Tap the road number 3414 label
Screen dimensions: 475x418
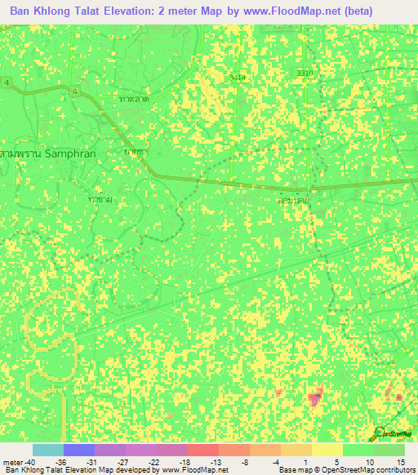pos(237,77)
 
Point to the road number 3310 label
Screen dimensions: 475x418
pos(305,73)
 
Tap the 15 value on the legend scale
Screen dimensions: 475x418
pos(400,462)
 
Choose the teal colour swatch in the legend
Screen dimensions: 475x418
pos(47,450)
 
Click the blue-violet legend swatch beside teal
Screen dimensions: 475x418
pos(78,450)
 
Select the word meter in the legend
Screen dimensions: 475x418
pos(12,462)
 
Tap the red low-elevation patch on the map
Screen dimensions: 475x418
pos(314,398)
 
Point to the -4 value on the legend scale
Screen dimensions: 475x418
pos(276,462)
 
